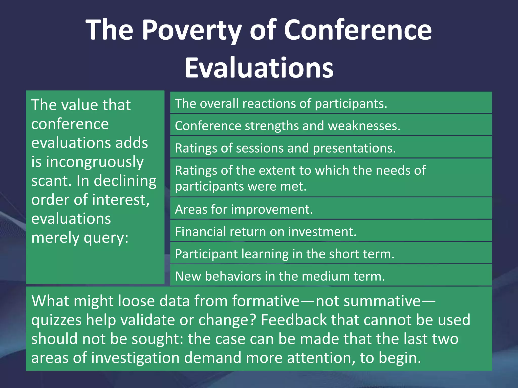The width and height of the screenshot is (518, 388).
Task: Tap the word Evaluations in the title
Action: pos(259,68)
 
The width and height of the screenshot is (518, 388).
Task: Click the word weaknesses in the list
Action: pos(364,126)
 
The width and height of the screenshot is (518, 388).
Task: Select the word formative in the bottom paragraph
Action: pos(266,301)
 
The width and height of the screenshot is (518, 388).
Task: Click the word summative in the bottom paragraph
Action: pos(368,301)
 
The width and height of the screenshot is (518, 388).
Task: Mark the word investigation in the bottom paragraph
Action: pos(135,358)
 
